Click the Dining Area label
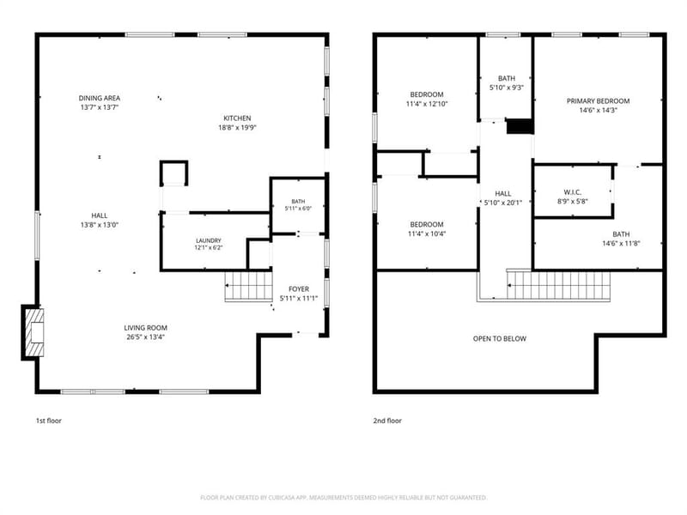(x=100, y=98)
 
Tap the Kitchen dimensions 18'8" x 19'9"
(x=238, y=128)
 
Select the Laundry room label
(x=209, y=241)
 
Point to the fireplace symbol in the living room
(x=34, y=332)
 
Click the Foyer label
(x=299, y=289)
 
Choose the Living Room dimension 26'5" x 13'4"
(x=145, y=337)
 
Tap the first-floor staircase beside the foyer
(x=248, y=286)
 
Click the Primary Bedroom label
(x=598, y=101)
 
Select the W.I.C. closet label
(x=573, y=192)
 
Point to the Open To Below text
(x=500, y=338)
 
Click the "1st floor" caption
(x=49, y=421)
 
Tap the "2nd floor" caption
(x=387, y=421)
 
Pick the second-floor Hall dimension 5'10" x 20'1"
(x=503, y=203)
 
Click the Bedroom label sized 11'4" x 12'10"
(x=427, y=94)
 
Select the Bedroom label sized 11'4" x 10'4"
(x=427, y=225)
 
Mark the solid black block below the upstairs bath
(x=520, y=127)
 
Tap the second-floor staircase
(x=559, y=285)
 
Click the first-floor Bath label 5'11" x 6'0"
(x=298, y=202)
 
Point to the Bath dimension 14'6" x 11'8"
(x=621, y=244)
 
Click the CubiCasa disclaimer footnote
(x=343, y=498)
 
